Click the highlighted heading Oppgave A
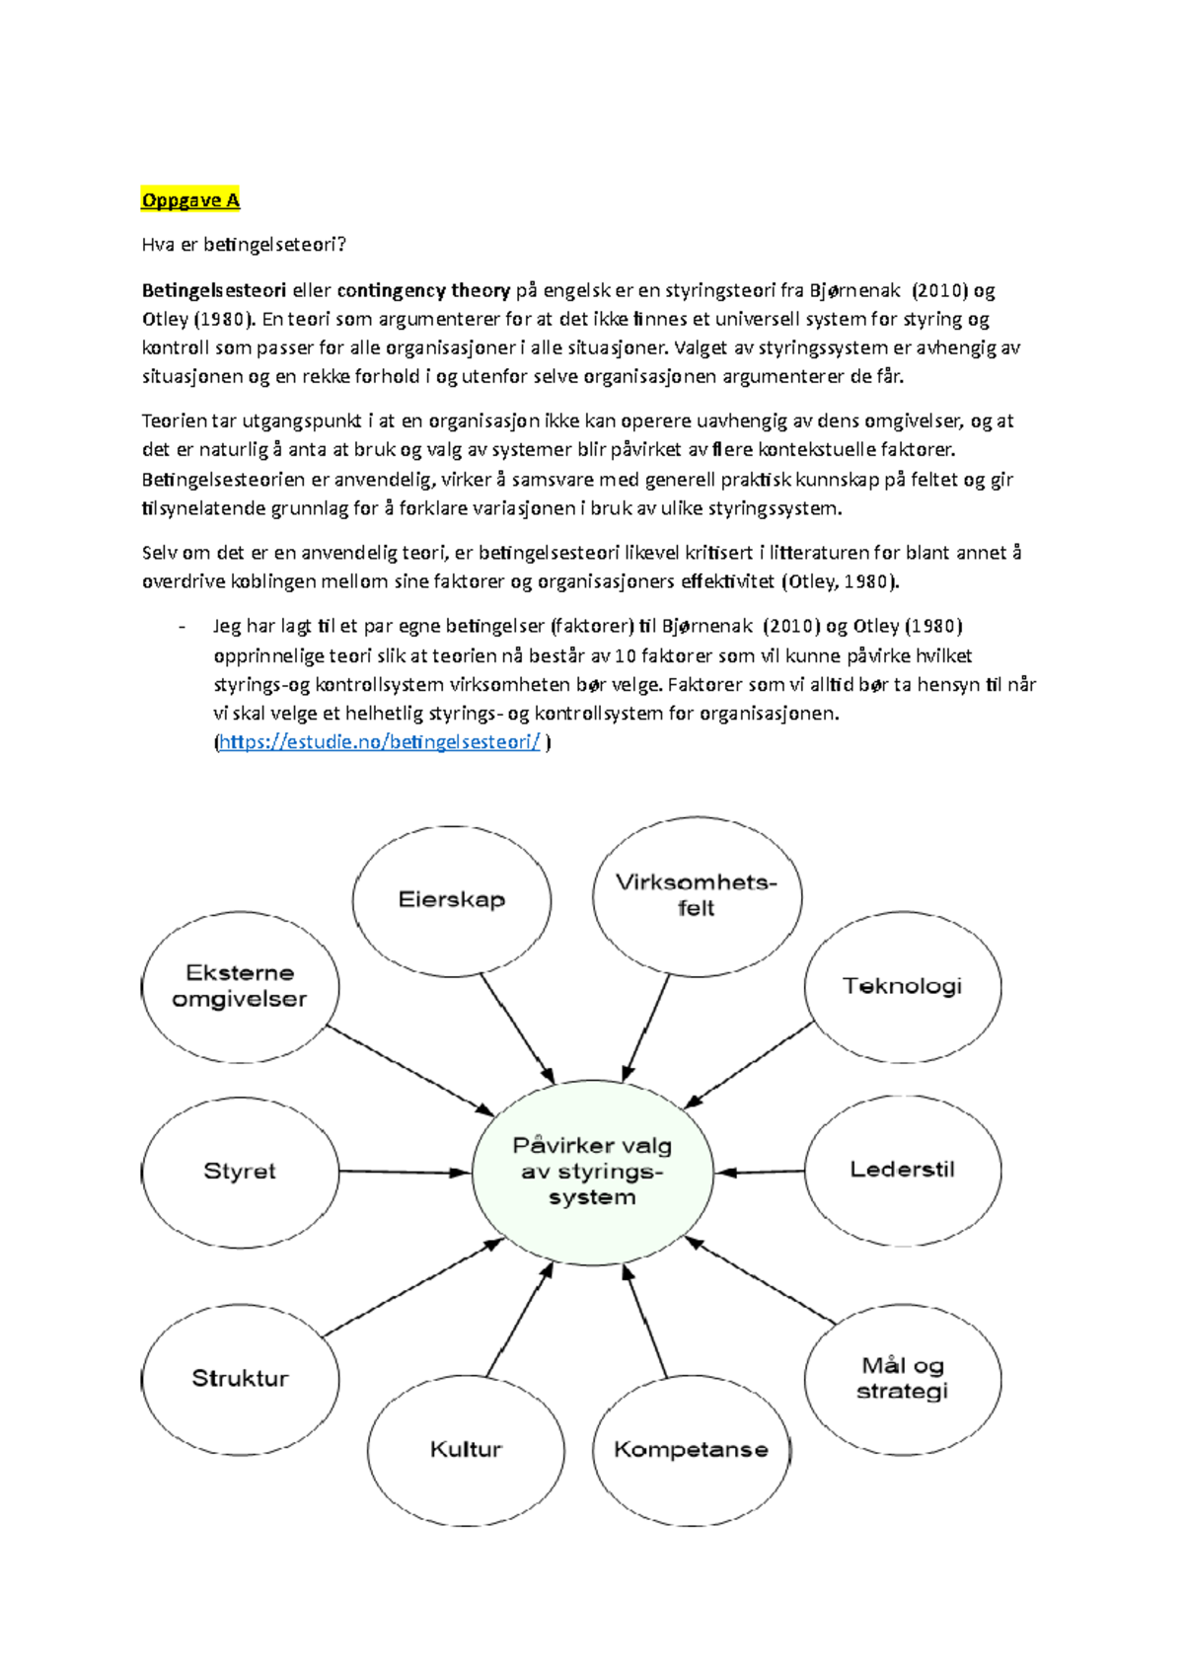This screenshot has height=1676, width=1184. pos(190,200)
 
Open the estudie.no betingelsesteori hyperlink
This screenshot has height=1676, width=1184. pos(379,742)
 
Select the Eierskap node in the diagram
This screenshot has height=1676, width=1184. pos(452,899)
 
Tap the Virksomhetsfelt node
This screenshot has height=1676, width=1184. pos(697,894)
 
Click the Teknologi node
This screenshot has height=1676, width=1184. pos(903,986)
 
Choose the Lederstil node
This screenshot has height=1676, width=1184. pos(903,1170)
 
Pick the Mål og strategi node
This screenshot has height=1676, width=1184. pos(903,1379)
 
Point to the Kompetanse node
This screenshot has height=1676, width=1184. pos(691,1450)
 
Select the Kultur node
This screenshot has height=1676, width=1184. pos(466,1450)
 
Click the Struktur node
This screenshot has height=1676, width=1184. pos(240,1379)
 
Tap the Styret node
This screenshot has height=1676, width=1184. pos(240,1172)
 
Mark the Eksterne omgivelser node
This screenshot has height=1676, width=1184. pos(240,986)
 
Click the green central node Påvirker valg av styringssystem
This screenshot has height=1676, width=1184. pos(592,1172)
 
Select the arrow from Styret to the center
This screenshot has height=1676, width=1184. pos(405,1173)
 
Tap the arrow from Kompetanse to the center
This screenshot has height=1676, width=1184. pos(646,1323)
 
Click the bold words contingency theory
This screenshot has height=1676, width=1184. pos(423,290)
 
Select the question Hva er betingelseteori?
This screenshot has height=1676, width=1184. pos(244,245)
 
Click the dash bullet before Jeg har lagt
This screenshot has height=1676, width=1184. pos(183,627)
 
